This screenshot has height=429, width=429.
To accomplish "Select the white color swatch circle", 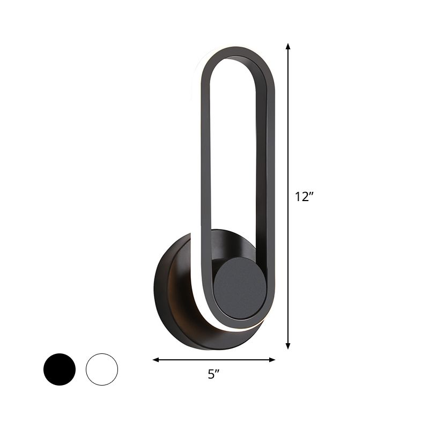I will coord(101,369).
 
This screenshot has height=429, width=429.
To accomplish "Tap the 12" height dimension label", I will coord(304,197).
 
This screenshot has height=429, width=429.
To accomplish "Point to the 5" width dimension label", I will coord(214,375).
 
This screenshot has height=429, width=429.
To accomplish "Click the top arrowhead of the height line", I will coord(288,47).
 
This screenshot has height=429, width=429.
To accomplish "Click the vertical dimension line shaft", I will coord(288,134).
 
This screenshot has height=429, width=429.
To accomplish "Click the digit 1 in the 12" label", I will coord(298,197).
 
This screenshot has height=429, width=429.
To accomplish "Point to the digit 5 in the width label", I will coord(211,375).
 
